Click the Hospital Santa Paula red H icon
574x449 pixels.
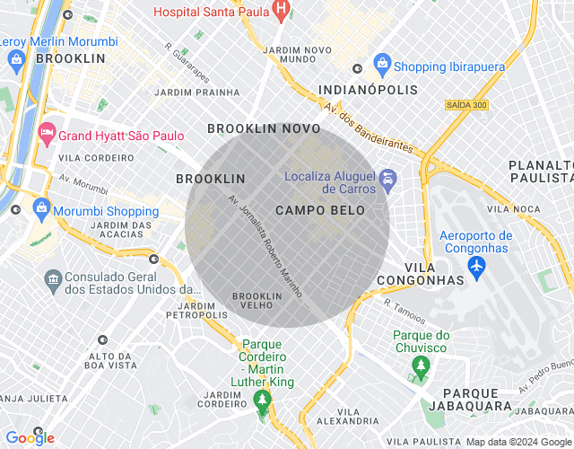[280, 12]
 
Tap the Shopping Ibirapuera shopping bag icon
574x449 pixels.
[383, 65]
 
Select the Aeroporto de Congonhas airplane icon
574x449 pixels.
[476, 267]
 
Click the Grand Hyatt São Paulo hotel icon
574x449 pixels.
[46, 136]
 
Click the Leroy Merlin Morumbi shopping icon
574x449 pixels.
[15, 58]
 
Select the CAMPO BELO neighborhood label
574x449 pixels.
[320, 210]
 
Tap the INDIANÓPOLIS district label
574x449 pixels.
[369, 91]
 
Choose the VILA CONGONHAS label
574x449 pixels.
[433, 274]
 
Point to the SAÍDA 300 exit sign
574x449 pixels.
[465, 105]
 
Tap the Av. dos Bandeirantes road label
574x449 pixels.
[369, 128]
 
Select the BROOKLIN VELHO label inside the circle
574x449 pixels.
[257, 301]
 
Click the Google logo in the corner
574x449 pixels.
[30, 437]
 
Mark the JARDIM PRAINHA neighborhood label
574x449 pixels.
[197, 92]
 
